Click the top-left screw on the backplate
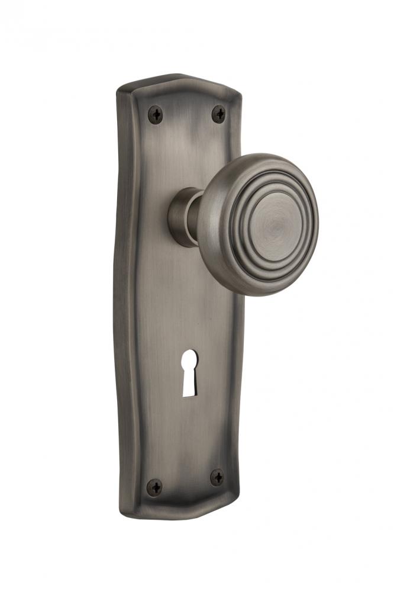pyautogui.click(x=156, y=114)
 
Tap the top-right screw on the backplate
pyautogui.click(x=219, y=113)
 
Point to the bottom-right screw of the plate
pyautogui.click(x=217, y=477)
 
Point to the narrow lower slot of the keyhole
pyautogui.click(x=190, y=385)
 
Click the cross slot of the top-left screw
pyautogui.click(x=156, y=114)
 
